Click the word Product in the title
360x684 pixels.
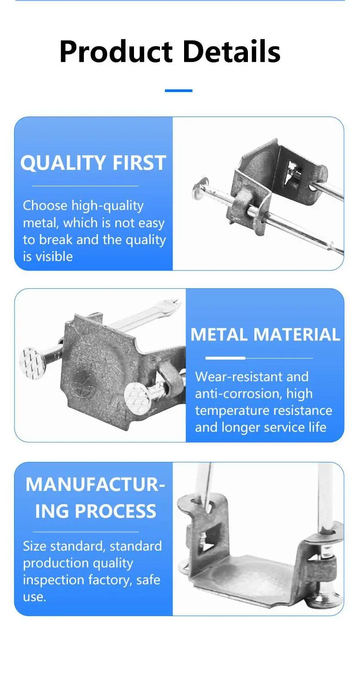[x=116, y=51]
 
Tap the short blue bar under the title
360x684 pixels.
[x=179, y=90]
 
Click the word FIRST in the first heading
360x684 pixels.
[x=139, y=163]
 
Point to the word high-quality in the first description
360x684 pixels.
[x=107, y=206]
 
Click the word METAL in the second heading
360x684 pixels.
[x=220, y=334]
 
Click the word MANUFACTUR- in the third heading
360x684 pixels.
[x=95, y=484]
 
